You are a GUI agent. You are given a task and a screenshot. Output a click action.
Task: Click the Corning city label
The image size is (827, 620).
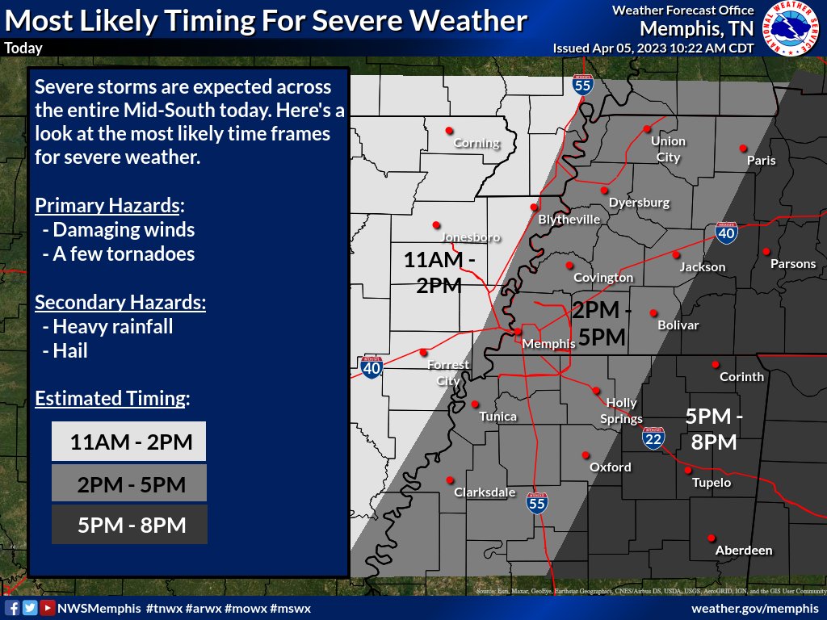(x=477, y=144)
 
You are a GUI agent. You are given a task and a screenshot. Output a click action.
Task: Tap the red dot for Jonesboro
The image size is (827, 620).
(x=436, y=224)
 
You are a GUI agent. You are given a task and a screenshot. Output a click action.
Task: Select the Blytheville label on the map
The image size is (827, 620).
(x=569, y=220)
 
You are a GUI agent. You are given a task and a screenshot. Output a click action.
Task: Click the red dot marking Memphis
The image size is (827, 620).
(x=518, y=331)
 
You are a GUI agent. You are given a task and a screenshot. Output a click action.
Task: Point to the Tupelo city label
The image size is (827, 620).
(x=712, y=483)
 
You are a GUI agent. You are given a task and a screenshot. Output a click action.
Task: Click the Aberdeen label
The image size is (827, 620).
(x=744, y=551)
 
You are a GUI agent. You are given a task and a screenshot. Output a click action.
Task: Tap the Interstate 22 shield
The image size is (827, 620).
(x=654, y=438)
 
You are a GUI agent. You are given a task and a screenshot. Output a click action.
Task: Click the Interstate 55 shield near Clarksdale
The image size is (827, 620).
(x=536, y=503)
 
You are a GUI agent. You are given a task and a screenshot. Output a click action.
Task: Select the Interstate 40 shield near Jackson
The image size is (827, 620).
(x=726, y=233)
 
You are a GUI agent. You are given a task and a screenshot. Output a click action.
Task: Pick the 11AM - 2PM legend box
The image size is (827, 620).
(x=128, y=442)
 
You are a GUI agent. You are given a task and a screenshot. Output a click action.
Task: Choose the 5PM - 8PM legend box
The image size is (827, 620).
(x=128, y=525)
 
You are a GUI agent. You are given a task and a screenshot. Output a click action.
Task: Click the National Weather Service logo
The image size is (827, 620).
(x=792, y=28)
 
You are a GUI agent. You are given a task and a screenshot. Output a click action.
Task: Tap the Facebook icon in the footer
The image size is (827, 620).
(x=12, y=608)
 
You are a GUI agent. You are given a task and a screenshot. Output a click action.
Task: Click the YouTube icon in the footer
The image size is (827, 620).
(x=48, y=608)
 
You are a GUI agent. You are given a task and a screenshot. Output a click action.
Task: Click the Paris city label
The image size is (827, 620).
(x=761, y=160)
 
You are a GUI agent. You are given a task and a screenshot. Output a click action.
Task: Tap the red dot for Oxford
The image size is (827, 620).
(x=586, y=455)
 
